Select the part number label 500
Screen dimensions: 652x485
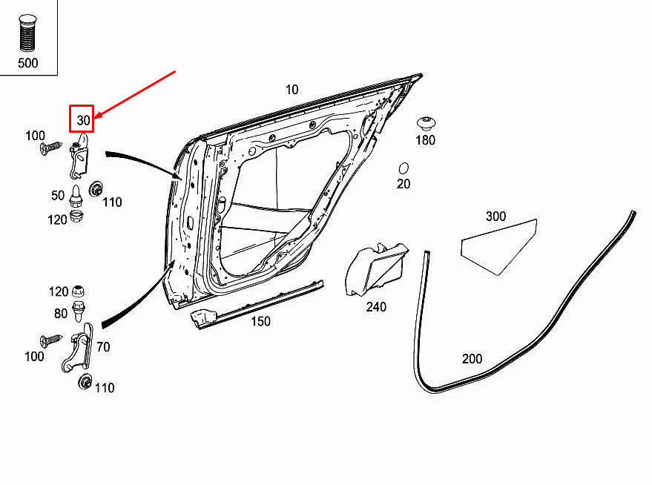tap(28, 63)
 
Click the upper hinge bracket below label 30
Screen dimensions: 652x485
tap(79, 155)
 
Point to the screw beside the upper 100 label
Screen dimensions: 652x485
tap(50, 148)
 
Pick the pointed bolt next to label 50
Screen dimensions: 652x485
tap(76, 197)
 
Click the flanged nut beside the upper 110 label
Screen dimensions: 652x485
tap(96, 189)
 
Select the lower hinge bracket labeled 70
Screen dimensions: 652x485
tap(78, 348)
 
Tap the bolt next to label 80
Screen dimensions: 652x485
tap(78, 311)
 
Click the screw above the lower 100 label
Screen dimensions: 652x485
tap(50, 340)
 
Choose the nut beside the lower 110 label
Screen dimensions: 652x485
tap(85, 381)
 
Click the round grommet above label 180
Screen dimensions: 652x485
tap(427, 124)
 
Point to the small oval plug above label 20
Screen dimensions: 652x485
tap(404, 168)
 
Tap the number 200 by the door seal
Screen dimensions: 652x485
tap(472, 359)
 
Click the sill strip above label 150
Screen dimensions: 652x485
tap(257, 304)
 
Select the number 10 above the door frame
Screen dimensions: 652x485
tap(292, 89)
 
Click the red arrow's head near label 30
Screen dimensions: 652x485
tap(98, 115)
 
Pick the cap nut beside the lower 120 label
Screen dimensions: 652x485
tap(78, 291)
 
